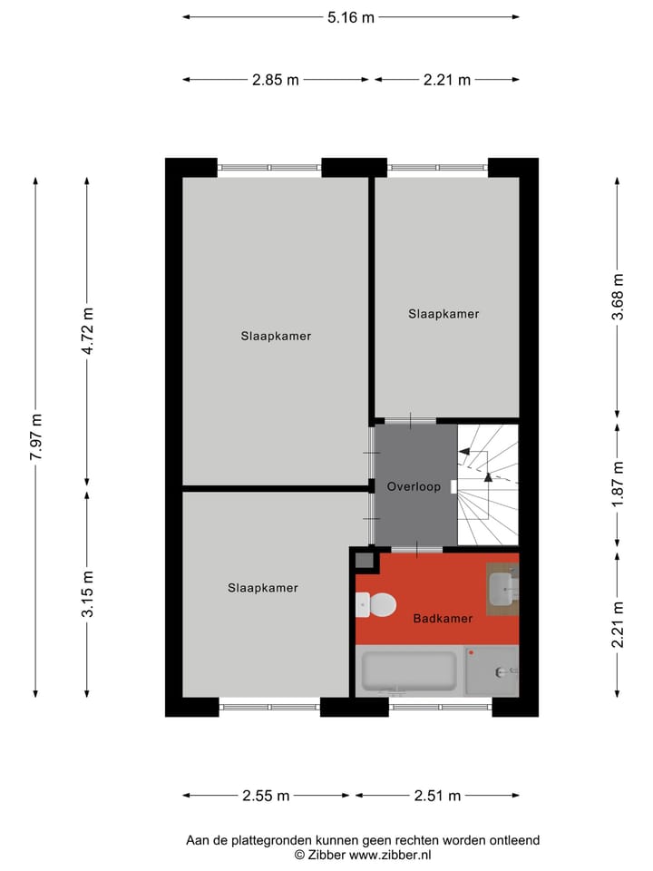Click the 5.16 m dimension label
point(350,16)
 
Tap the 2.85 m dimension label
point(276,80)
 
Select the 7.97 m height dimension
point(36,437)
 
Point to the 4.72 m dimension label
point(87,330)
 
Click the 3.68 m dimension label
point(618,297)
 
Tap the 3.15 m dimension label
point(87,594)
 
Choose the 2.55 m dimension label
point(266,796)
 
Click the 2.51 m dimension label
point(437,796)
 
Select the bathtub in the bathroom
point(408,670)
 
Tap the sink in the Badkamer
point(502,590)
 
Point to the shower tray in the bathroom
point(492,670)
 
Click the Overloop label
point(414,487)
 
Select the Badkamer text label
point(443,619)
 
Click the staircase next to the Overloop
point(488,485)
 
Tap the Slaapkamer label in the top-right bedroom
point(443,314)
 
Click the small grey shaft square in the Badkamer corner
point(364,562)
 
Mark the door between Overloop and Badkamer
point(417,550)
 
